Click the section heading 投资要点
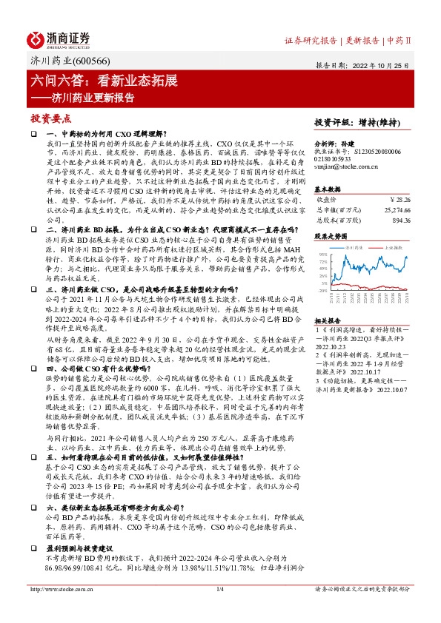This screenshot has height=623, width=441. tap(51, 118)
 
